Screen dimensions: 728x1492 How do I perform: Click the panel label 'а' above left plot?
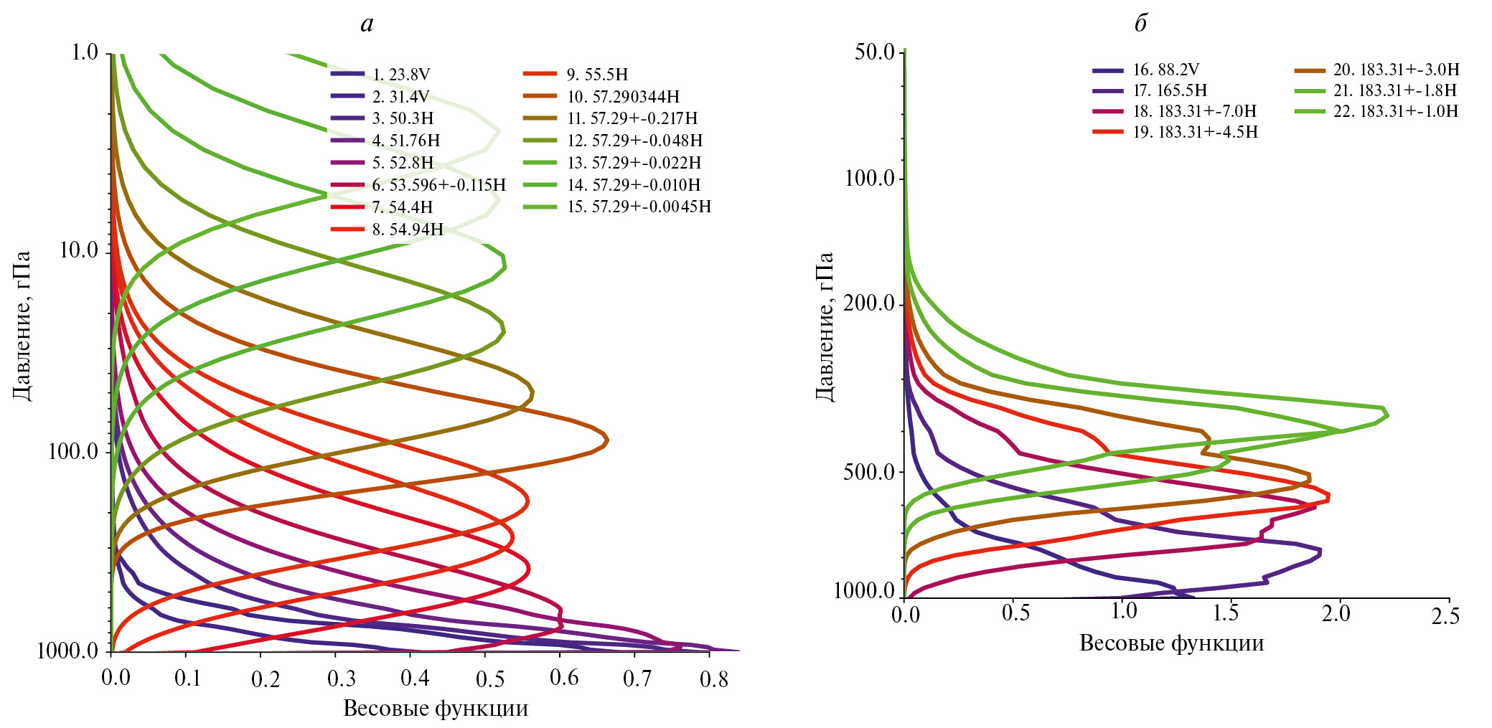pyautogui.click(x=367, y=24)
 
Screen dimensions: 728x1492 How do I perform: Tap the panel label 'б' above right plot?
pyautogui.click(x=1140, y=24)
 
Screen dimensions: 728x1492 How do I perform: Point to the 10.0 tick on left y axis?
pyautogui.click(x=78, y=251)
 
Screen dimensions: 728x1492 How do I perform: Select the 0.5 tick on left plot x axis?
pyautogui.click(x=490, y=678)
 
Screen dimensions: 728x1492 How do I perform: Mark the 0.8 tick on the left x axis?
pyautogui.click(x=714, y=678)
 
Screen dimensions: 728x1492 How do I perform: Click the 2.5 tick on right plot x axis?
pyautogui.click(x=1445, y=615)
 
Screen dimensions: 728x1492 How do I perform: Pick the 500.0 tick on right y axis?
pyautogui.click(x=868, y=473)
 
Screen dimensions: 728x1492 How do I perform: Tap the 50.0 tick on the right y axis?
pyautogui.click(x=874, y=52)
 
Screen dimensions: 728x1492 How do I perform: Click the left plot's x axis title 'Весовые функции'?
pyautogui.click(x=436, y=709)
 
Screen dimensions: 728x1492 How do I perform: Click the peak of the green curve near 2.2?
pyautogui.click(x=1387, y=415)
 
